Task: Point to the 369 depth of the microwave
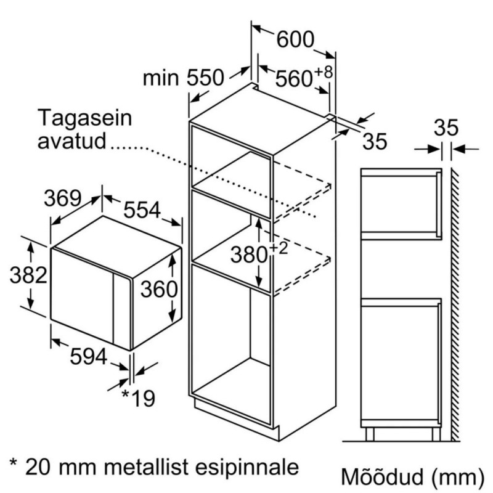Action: click(63, 198)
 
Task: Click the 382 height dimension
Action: click(28, 275)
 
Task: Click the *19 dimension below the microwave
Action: click(139, 399)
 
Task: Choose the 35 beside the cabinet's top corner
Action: click(373, 141)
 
